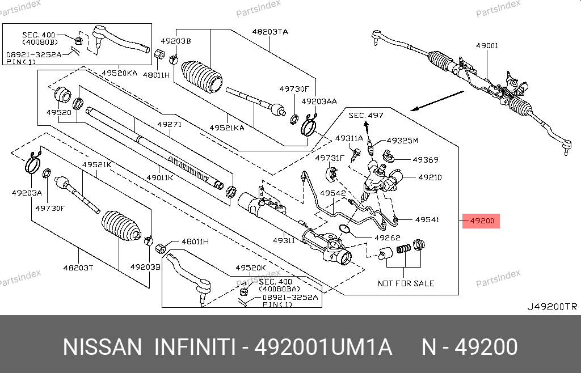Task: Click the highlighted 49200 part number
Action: pos(481,221)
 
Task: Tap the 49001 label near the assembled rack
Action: pos(487,46)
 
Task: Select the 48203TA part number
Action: pos(270,32)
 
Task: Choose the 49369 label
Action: pos(426,160)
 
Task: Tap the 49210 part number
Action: pos(430,177)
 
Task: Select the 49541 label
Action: pos(427,219)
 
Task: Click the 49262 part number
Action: pos(388,238)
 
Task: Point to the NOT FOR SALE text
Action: pos(406,283)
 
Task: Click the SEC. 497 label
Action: pos(365,115)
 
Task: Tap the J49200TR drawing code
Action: pos(551,307)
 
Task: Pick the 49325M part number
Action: pos(402,140)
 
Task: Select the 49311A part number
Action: pos(348,138)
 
